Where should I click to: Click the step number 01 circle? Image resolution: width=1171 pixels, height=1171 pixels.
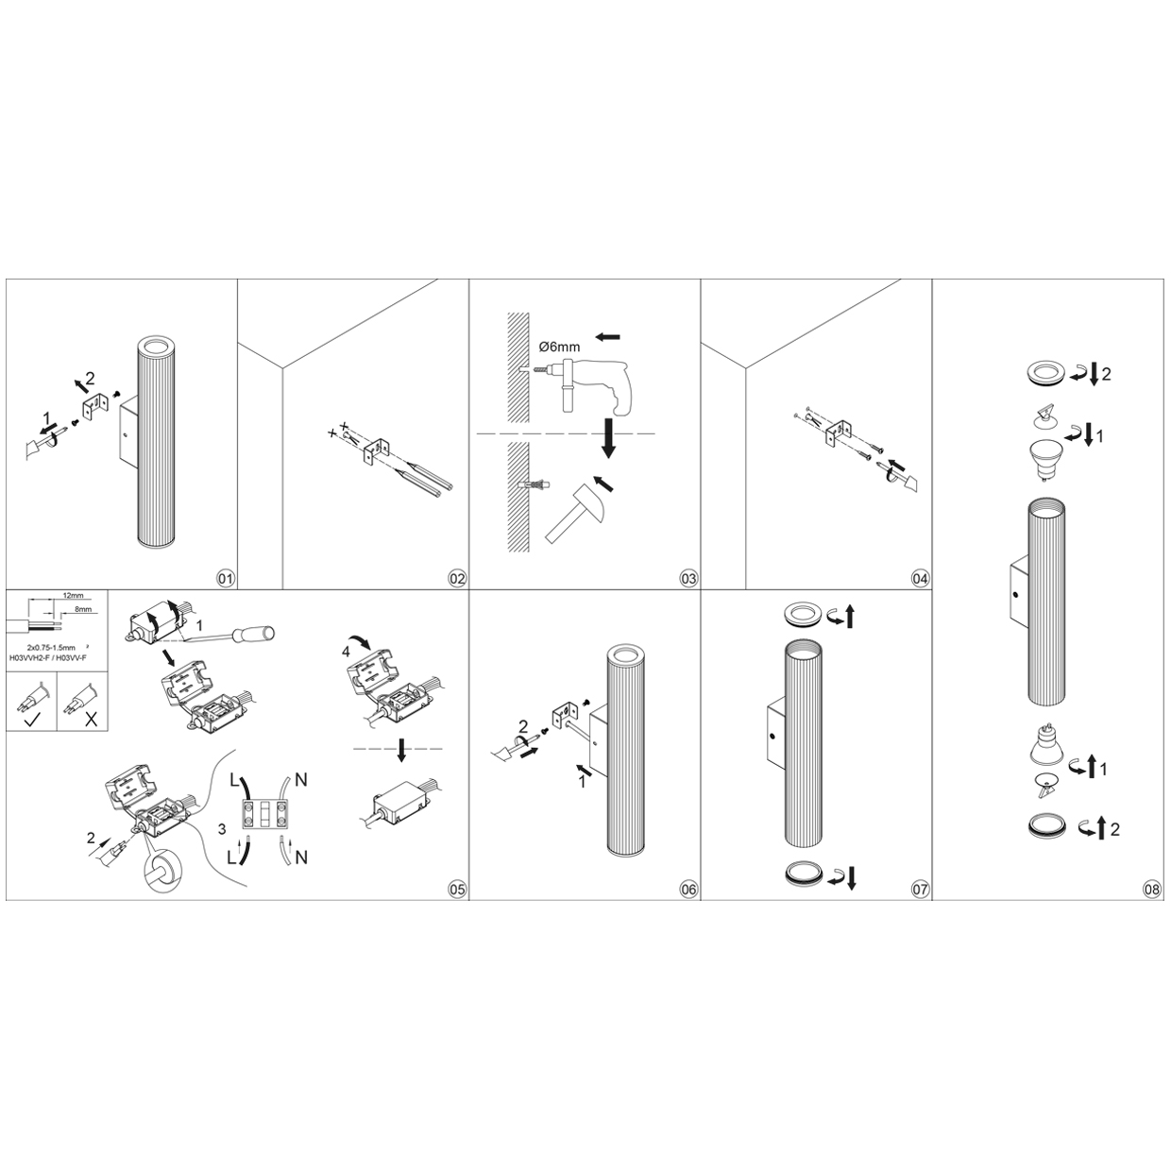tap(226, 579)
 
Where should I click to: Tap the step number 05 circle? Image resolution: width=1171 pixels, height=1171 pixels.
tap(457, 890)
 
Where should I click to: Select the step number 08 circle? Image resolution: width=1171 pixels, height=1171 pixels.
tap(1151, 890)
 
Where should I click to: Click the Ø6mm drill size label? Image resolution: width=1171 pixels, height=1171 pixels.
tap(559, 347)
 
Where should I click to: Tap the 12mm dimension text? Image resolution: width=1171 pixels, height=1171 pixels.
tap(73, 596)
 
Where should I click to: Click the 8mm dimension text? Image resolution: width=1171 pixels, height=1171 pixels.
tap(83, 608)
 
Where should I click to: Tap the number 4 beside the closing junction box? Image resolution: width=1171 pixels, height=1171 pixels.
tap(346, 652)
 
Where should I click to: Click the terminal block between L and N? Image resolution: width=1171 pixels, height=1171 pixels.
tap(264, 814)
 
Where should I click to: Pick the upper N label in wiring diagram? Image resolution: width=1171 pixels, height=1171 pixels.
tap(300, 779)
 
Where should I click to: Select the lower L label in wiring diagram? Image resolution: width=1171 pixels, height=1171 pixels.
tap(231, 858)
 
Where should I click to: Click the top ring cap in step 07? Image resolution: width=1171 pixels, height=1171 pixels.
tap(802, 614)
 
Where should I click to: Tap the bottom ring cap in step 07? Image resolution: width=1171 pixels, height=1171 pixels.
tap(802, 874)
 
